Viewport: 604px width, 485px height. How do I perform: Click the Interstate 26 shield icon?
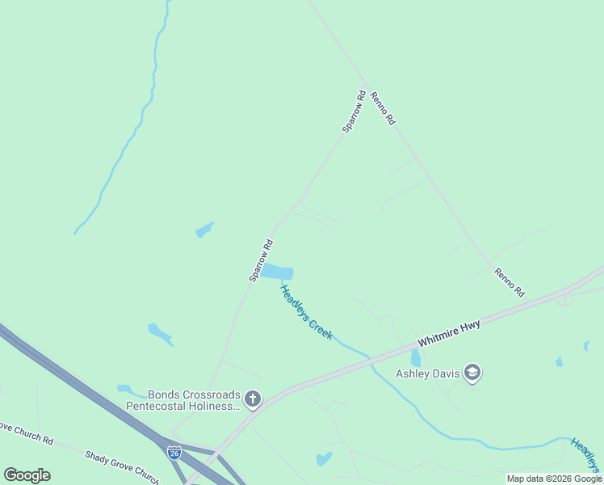coord(174,453)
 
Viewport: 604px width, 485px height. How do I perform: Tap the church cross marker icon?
coord(253,399)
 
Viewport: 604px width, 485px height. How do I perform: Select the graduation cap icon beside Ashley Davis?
coord(473,373)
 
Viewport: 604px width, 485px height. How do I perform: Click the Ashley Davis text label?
coord(427,373)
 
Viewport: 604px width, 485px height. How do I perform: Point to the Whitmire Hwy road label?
coord(449,336)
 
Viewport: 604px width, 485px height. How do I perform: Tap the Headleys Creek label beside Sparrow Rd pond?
coord(306,312)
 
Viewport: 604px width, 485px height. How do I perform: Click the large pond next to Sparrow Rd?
coord(277,273)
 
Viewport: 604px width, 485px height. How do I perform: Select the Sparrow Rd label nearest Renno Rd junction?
coord(354,112)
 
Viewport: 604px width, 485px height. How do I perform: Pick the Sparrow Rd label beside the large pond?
coord(261,260)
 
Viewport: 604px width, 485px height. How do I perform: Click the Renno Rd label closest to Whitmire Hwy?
coord(510,283)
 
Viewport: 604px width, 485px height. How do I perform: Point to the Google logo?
coord(27,475)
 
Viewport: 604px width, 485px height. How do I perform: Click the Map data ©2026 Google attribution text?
coord(554,479)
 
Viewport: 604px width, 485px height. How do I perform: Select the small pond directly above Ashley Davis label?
coord(416,357)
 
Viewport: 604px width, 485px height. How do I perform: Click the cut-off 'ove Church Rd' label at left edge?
coord(26,433)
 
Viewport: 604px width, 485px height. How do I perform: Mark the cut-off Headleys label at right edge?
coord(587,455)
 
